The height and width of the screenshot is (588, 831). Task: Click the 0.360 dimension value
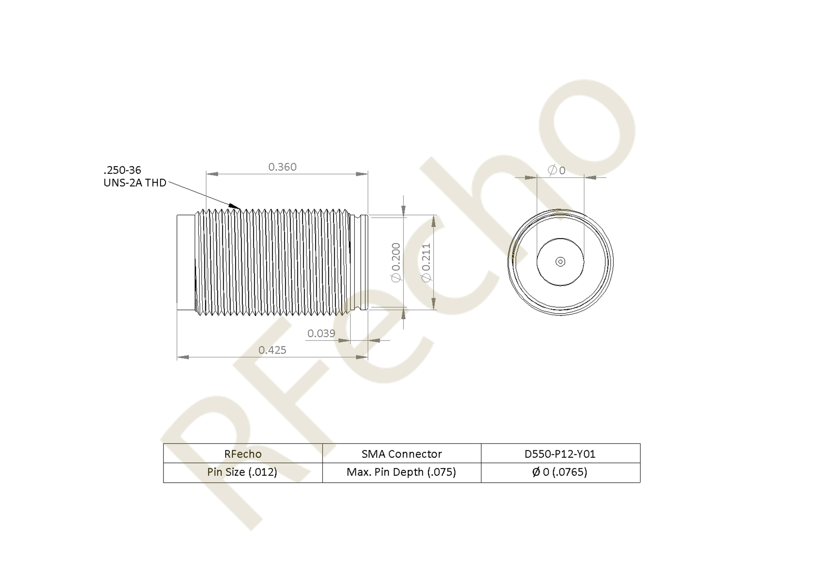pyautogui.click(x=282, y=167)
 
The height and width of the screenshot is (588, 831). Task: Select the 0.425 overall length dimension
pyautogui.click(x=272, y=350)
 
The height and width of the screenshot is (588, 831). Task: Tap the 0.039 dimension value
pyautogui.click(x=321, y=333)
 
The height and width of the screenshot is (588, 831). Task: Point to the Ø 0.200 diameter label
pyautogui.click(x=396, y=262)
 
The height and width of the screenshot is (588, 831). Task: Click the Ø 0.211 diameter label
pyautogui.click(x=426, y=262)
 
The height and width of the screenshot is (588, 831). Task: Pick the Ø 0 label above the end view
pyautogui.click(x=556, y=170)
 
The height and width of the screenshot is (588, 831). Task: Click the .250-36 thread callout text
pyautogui.click(x=122, y=170)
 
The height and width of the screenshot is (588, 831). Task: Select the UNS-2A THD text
pyautogui.click(x=135, y=183)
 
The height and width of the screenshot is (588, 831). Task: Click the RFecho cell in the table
pyautogui.click(x=243, y=454)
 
